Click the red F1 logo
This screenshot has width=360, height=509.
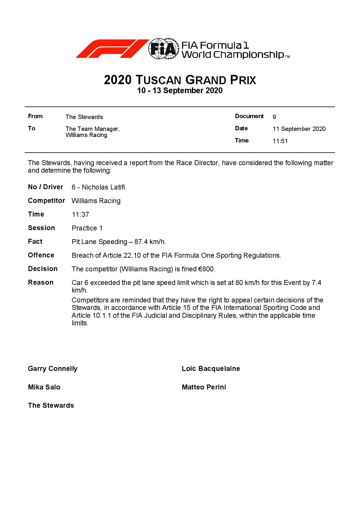112,49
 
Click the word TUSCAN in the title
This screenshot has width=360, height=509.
159,80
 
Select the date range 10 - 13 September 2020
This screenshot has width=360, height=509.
180,91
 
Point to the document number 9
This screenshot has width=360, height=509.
274,117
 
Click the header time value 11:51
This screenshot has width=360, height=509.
280,141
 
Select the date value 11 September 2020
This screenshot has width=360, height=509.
299,129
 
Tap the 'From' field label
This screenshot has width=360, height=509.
35,116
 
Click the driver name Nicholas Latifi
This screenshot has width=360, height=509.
103,187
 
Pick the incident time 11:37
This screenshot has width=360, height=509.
80,215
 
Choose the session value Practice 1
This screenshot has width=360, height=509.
87,228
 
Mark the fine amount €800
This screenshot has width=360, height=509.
206,269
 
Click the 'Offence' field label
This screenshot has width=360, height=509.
41,255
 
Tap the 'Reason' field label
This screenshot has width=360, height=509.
41,283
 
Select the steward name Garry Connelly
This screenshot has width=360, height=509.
53,369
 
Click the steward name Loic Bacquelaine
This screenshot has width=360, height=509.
211,369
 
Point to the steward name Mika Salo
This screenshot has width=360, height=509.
44,387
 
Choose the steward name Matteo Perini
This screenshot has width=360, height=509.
204,387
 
